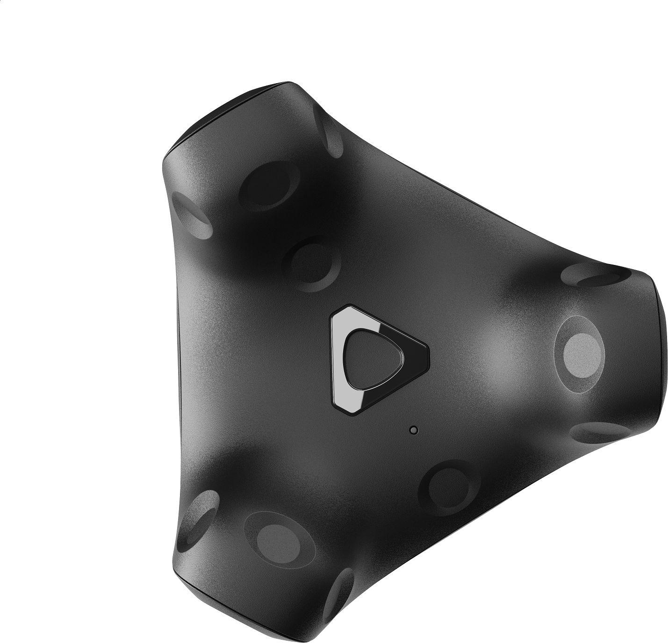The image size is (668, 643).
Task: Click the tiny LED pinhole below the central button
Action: [412, 429]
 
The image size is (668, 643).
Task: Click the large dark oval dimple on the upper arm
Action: [265, 186]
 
